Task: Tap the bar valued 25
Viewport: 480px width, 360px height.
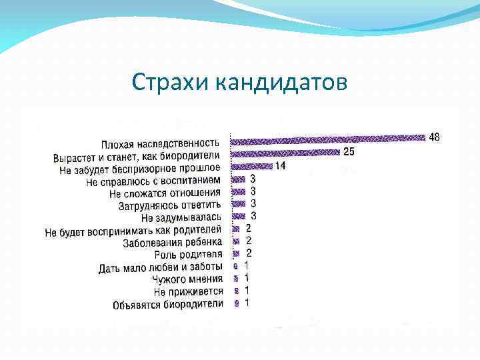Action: (x=285, y=152)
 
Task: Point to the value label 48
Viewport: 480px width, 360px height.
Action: (x=434, y=137)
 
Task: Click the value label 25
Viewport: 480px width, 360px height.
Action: (x=349, y=152)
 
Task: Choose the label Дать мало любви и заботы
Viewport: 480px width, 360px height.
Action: (x=161, y=268)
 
